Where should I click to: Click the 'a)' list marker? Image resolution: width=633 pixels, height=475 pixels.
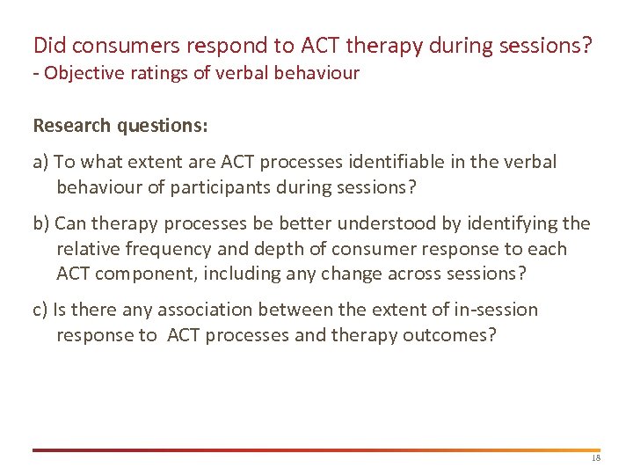[x=41, y=163]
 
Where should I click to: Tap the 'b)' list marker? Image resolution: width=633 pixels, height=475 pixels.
[x=41, y=224]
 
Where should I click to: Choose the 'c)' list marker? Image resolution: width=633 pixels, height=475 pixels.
[x=40, y=310]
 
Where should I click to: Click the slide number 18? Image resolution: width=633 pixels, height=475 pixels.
[x=595, y=459]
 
